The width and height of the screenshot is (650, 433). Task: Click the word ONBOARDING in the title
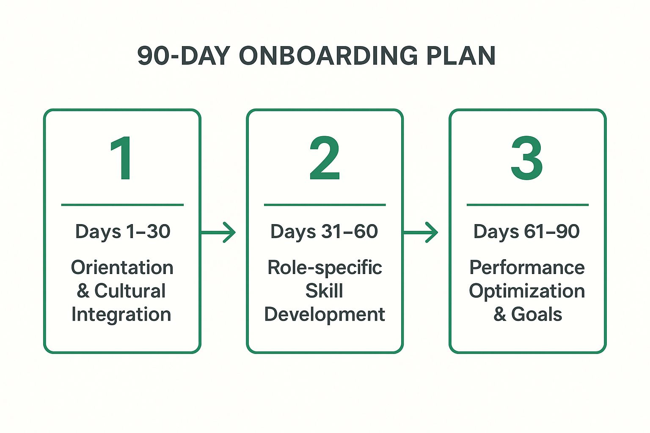pos(328,56)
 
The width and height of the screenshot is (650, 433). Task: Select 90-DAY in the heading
pos(184,56)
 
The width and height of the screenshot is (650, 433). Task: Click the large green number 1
pos(121,158)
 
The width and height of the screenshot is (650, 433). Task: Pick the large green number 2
pos(325,158)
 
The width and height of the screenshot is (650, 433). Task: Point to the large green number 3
pos(527,158)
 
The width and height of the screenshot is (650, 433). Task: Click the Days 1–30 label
pos(123,232)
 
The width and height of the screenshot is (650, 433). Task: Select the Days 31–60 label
pos(324,232)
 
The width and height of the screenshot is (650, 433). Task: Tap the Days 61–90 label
pos(526,232)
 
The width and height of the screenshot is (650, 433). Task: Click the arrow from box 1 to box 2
pos(218,232)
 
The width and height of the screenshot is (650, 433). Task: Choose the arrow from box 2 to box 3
pos(421,232)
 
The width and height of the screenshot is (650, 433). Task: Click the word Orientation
pos(122,267)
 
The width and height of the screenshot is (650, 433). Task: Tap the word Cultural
pos(130,291)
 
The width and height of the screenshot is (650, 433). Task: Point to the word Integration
pos(121,315)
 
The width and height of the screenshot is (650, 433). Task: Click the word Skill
pos(324,291)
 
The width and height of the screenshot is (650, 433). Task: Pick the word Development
pos(325,315)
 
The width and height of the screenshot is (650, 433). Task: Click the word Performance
pos(527,267)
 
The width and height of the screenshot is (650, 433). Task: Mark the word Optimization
pos(527,291)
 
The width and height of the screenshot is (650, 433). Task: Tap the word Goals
pos(537,314)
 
